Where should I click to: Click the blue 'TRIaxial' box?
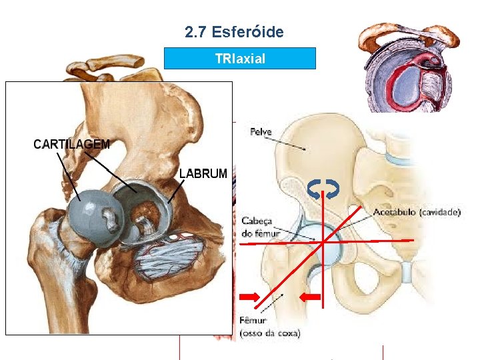coord(240,59)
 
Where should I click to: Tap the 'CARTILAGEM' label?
coord(72,144)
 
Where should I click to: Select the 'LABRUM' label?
coord(203,173)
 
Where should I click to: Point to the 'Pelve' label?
coord(261,132)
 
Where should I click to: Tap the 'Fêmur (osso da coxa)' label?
coord(269,327)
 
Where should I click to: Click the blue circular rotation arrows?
coord(323,189)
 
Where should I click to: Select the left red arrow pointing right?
coord(251,296)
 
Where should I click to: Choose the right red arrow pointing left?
coord(311,296)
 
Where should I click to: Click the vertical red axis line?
coord(323,280)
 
